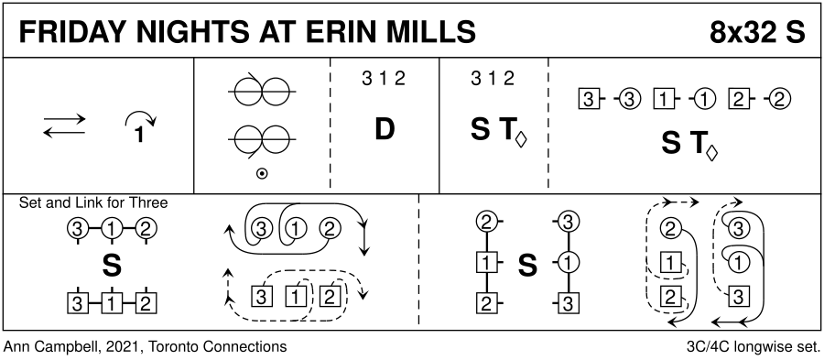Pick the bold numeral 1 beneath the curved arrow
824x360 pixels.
click(139, 136)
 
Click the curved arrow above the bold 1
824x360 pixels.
click(141, 120)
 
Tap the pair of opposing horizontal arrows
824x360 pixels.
click(64, 126)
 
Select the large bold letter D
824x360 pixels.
click(385, 129)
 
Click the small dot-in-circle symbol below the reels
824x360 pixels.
click(261, 173)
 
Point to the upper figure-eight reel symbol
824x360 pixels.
click(262, 91)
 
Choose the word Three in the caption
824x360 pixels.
click(151, 202)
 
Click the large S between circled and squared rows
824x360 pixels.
click(112, 266)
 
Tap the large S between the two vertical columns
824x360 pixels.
click(527, 266)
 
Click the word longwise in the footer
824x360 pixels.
click(765, 348)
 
